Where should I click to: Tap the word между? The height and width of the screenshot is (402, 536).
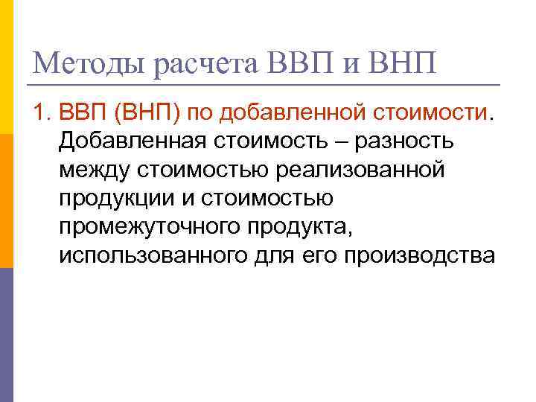point(94,169)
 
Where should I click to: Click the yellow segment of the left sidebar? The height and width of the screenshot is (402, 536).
point(6,67)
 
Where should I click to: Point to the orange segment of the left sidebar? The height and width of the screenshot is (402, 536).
point(6,201)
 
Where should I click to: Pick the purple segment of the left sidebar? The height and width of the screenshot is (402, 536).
point(6,335)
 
